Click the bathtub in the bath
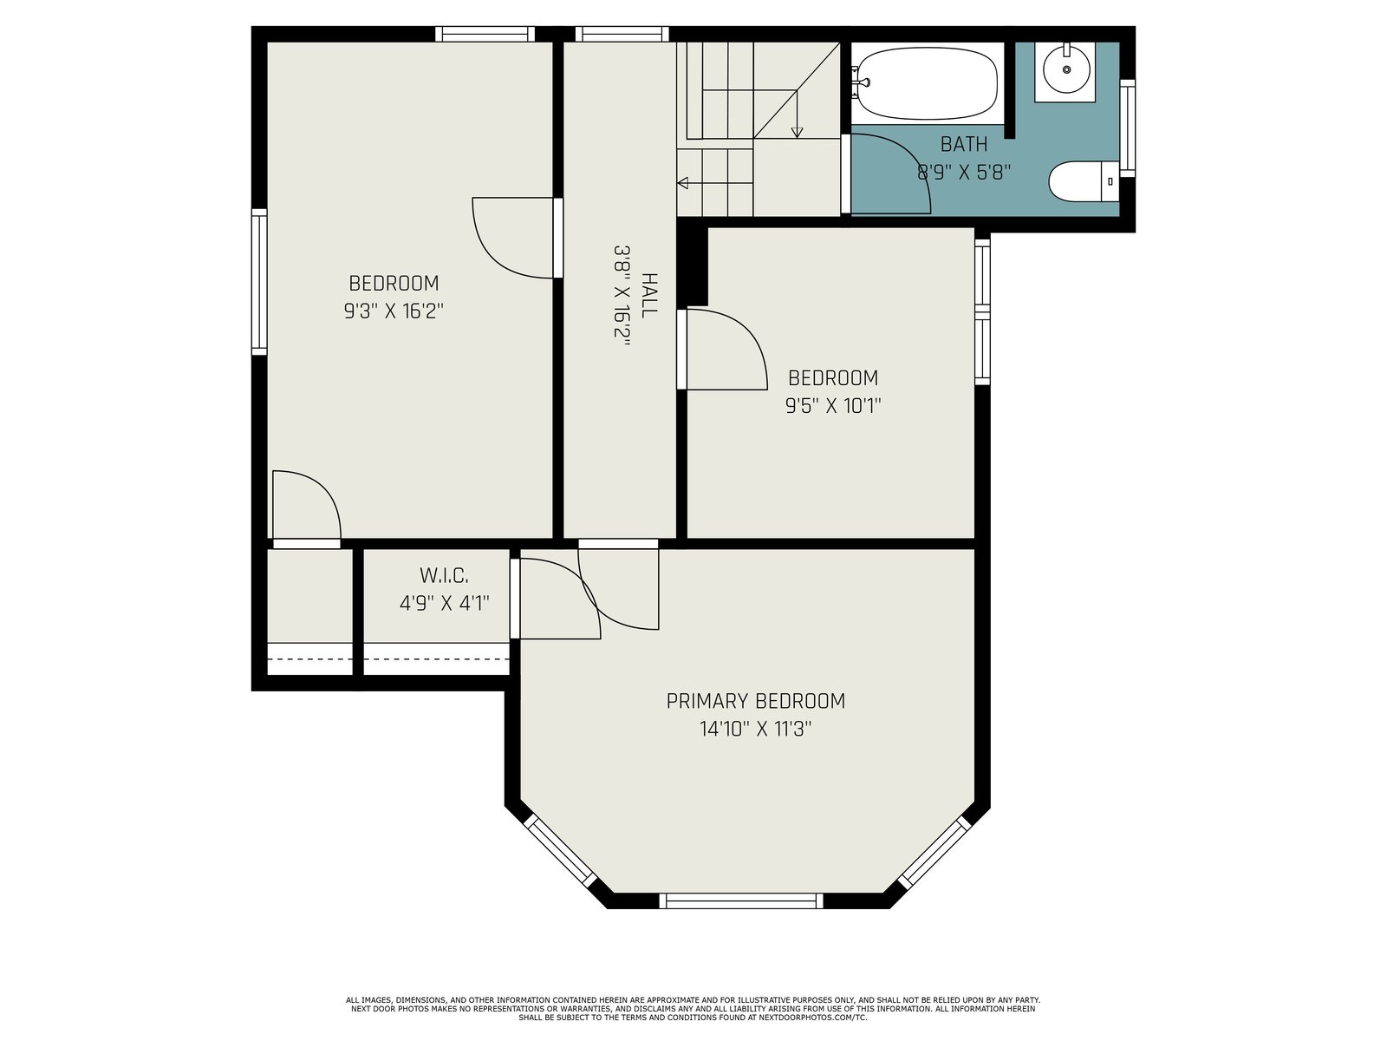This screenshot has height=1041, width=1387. point(927,82)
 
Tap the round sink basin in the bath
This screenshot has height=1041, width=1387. point(1066,69)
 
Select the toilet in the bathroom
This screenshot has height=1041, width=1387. point(1083,181)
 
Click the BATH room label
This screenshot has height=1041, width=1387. point(964,144)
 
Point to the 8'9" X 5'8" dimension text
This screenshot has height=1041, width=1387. point(964,172)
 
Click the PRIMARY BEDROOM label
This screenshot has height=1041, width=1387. point(755,701)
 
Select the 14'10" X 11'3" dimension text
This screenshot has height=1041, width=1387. point(755,729)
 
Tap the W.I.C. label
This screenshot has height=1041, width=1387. point(444,575)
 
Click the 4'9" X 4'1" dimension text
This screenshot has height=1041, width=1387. point(444,603)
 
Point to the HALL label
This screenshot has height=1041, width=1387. point(649,295)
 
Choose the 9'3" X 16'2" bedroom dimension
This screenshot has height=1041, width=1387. point(394,311)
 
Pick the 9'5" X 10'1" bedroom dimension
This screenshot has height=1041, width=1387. point(833,405)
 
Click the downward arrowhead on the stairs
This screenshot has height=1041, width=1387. point(797,133)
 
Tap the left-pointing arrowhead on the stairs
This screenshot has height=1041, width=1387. point(682,183)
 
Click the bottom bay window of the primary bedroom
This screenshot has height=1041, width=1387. point(740,900)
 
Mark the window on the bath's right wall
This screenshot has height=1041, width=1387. point(1127,128)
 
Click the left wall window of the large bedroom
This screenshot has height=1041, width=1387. point(259,282)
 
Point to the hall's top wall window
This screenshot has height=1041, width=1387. point(622,34)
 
